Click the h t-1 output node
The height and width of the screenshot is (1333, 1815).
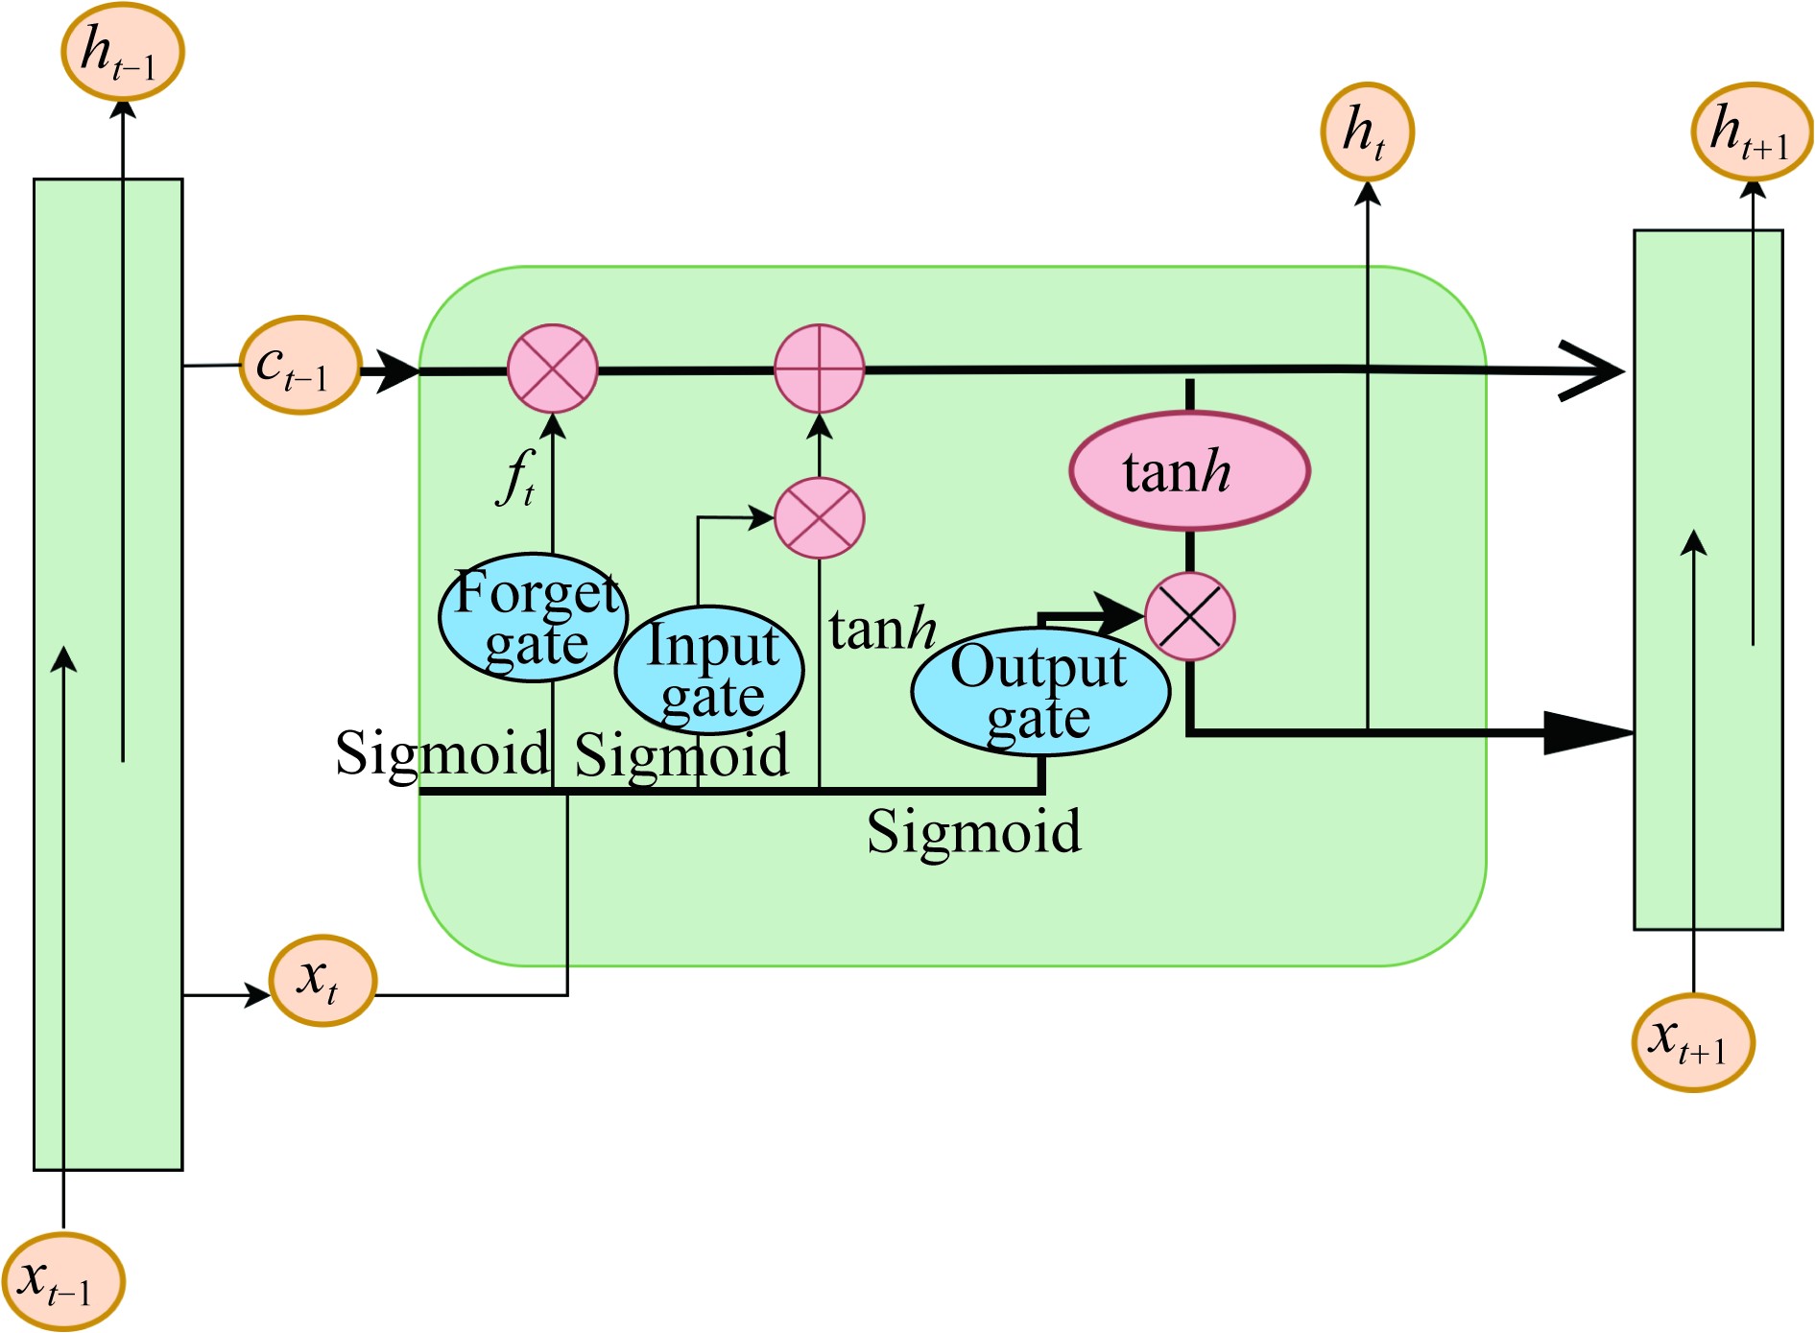click(x=122, y=51)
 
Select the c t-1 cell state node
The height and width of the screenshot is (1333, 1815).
click(x=299, y=366)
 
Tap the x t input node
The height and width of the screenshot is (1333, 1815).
click(x=322, y=981)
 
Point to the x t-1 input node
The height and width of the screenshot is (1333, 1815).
click(x=63, y=1282)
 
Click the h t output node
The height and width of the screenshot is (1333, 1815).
click(x=1367, y=131)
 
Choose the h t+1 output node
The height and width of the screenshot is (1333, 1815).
click(x=1752, y=131)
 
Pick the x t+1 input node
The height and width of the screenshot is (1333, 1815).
click(x=1693, y=1042)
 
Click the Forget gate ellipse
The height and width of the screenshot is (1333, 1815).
click(x=534, y=618)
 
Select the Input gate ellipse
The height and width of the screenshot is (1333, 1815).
click(x=708, y=670)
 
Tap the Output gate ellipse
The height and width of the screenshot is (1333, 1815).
click(x=1040, y=691)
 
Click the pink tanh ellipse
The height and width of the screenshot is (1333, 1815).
click(x=1189, y=471)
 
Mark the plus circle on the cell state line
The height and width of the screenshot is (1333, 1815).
click(x=820, y=369)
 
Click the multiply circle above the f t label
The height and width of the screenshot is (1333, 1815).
click(x=552, y=369)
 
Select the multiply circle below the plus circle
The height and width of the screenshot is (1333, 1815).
click(x=820, y=518)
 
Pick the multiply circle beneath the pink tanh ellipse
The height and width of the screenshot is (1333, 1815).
click(x=1189, y=617)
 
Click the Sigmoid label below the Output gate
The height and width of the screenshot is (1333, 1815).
click(x=973, y=831)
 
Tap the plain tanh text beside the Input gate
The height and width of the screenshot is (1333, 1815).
click(x=882, y=630)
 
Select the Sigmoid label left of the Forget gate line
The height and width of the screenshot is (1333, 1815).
click(x=442, y=753)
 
